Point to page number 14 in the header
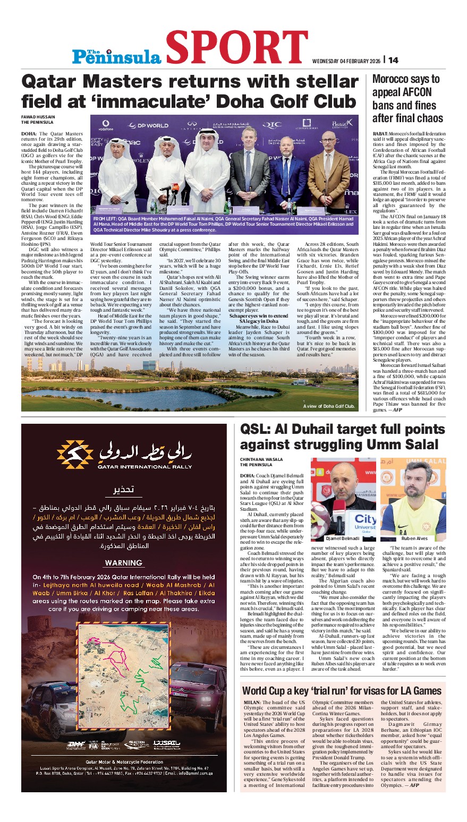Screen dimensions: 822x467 (x=393, y=60)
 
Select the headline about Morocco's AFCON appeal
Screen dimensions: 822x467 (x=406, y=98)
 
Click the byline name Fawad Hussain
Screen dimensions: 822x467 (x=38, y=117)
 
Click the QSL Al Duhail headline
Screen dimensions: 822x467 (x=342, y=437)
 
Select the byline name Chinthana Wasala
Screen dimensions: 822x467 (x=261, y=460)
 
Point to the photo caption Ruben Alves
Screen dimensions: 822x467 (x=415, y=538)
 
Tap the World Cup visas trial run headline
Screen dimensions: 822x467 (x=342, y=691)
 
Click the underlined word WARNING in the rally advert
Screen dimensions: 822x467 (x=124, y=563)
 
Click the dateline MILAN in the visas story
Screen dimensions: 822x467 (x=252, y=703)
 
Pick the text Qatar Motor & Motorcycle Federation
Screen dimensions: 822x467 (x=124, y=762)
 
